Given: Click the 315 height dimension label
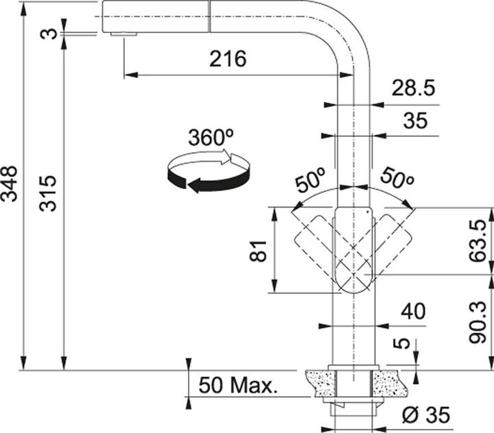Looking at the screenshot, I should [48, 193].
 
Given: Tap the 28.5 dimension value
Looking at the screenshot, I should [413, 89].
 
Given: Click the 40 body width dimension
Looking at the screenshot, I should [412, 312].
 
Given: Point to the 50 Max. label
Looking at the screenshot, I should [237, 385].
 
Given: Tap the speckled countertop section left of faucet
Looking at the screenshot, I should [316, 381].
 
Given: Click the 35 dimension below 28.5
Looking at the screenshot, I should [414, 121].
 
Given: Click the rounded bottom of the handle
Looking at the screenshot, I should [353, 283].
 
